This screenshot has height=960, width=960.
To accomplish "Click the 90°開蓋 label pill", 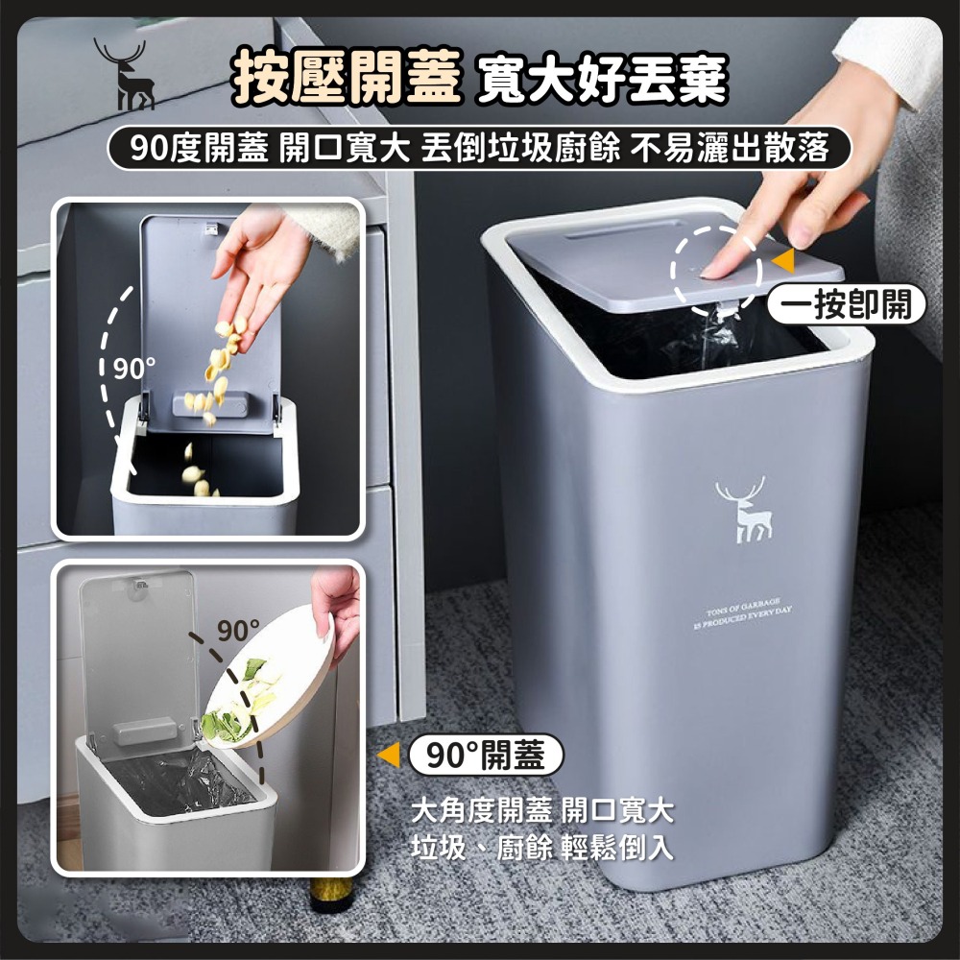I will click(485, 756).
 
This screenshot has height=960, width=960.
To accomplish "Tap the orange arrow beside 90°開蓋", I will click(390, 756).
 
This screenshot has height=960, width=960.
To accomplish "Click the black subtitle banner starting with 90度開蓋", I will click(467, 148).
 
